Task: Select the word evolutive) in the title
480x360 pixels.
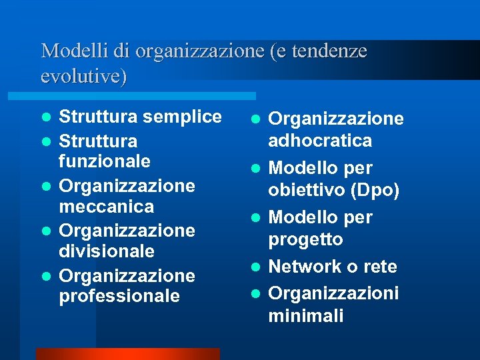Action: click(x=83, y=76)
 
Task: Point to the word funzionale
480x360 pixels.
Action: click(x=105, y=162)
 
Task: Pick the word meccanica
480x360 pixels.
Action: click(x=107, y=207)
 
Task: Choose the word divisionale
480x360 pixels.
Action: click(x=107, y=251)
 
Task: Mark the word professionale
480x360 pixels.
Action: click(x=119, y=296)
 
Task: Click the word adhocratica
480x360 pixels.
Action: click(x=320, y=141)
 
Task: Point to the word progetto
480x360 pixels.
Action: click(x=305, y=239)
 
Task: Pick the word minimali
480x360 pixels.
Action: click(x=306, y=315)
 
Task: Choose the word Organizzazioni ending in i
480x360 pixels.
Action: click(x=333, y=293)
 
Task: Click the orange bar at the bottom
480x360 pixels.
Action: click(x=127, y=353)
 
